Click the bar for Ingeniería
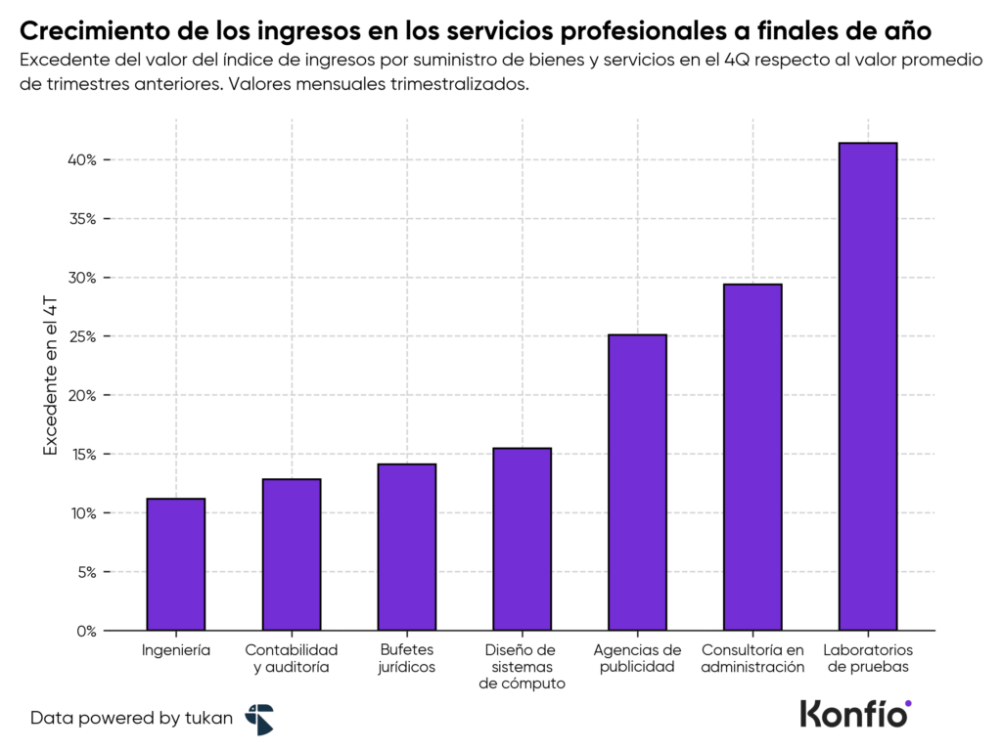[x=176, y=564]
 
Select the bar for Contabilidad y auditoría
[x=292, y=554]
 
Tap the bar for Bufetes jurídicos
[x=407, y=547]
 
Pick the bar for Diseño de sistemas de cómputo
[x=523, y=539]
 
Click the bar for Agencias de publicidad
[x=638, y=482]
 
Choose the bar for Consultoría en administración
[x=752, y=457]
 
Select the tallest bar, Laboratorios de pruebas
[x=868, y=386]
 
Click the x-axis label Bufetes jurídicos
[x=407, y=658]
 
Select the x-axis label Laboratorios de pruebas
[x=868, y=658]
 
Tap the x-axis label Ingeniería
[x=176, y=649]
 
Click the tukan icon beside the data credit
[x=259, y=719]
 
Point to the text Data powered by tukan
[x=131, y=718]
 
